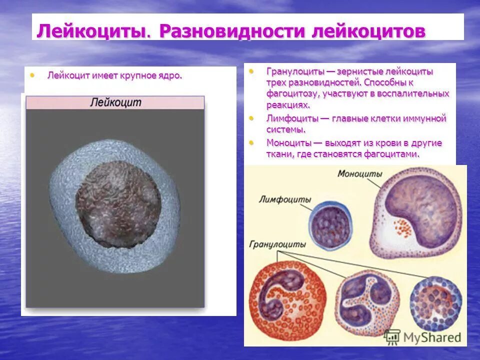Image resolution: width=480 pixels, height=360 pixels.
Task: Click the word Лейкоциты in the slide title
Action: (91, 31)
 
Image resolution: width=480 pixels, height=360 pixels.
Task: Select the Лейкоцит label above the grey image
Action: (115, 102)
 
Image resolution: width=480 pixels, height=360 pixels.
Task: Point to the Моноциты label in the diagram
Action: (359, 174)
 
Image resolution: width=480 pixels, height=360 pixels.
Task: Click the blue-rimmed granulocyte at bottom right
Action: (435, 302)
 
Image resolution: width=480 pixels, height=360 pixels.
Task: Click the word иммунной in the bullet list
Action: (424, 118)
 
